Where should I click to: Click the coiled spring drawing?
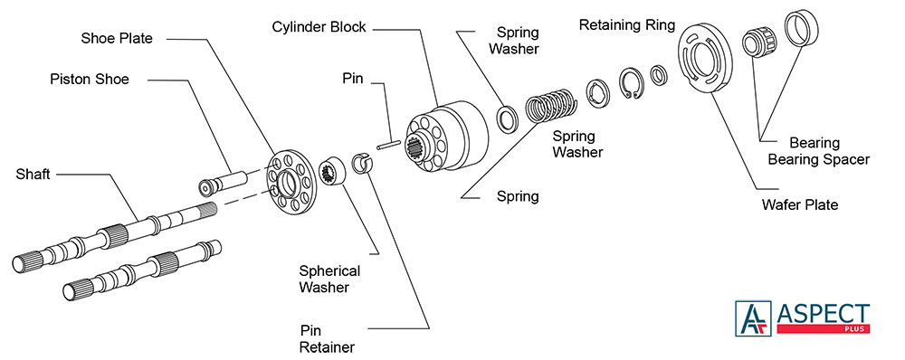tap(550, 105)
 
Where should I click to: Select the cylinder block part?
tap(447, 137)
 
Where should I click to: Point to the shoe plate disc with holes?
tap(291, 183)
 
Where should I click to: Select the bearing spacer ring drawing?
tap(801, 29)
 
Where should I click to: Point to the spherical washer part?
tap(333, 170)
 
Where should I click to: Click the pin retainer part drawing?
tap(363, 165)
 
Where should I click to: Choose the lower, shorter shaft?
tap(141, 269)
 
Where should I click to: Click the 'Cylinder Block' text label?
tap(319, 27)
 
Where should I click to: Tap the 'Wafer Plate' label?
tap(800, 204)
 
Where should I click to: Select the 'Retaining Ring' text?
tap(627, 25)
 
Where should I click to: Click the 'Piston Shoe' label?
tap(90, 79)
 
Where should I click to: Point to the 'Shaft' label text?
tap(33, 174)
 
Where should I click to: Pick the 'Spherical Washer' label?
tap(329, 279)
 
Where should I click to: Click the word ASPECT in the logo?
tap(823, 314)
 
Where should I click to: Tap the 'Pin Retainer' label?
tap(328, 339)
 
